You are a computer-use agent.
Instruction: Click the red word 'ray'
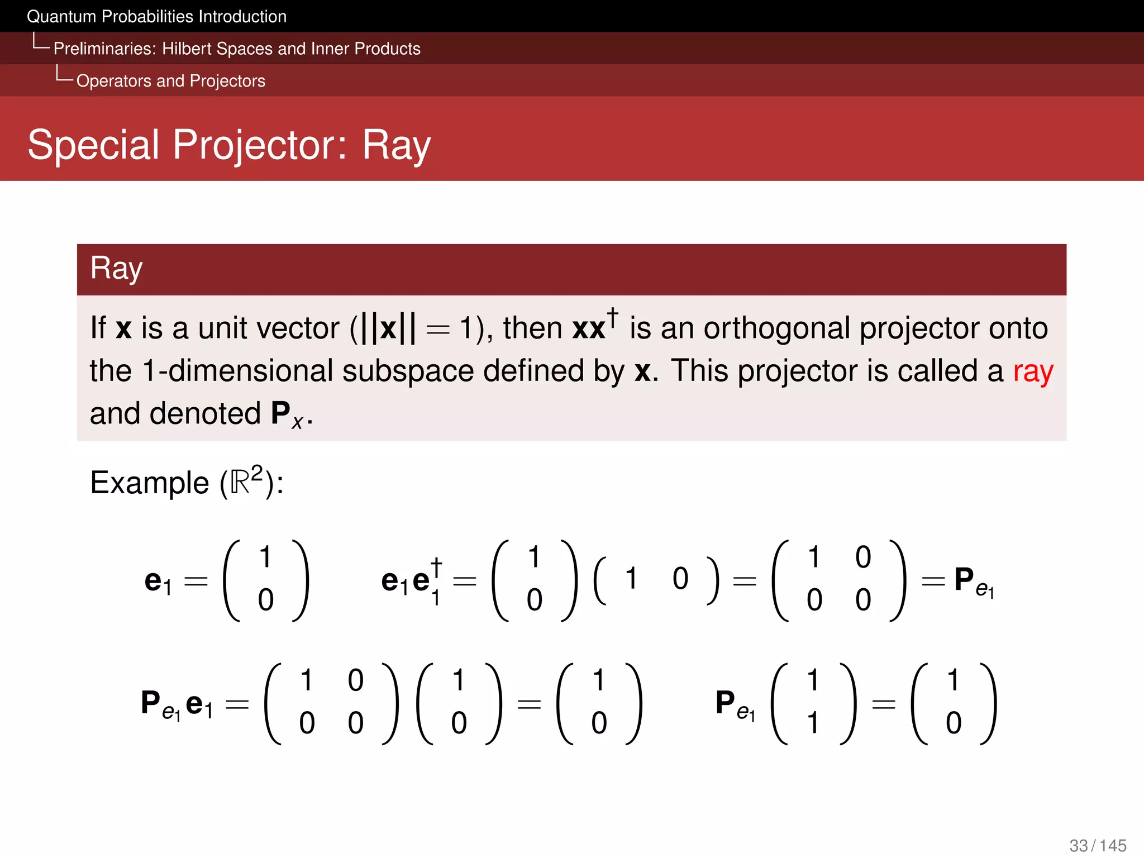pos(1033,372)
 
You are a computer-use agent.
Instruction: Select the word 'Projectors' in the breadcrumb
pos(227,81)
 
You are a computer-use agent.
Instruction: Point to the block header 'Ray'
pos(116,269)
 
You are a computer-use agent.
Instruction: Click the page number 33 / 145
pos(1098,845)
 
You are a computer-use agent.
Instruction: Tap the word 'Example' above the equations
pos(149,483)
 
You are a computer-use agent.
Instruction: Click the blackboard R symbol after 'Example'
pos(240,483)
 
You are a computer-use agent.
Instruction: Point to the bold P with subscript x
pos(285,414)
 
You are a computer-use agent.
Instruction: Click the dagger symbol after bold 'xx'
pos(613,317)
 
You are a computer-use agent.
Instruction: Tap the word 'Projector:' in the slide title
pos(260,145)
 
